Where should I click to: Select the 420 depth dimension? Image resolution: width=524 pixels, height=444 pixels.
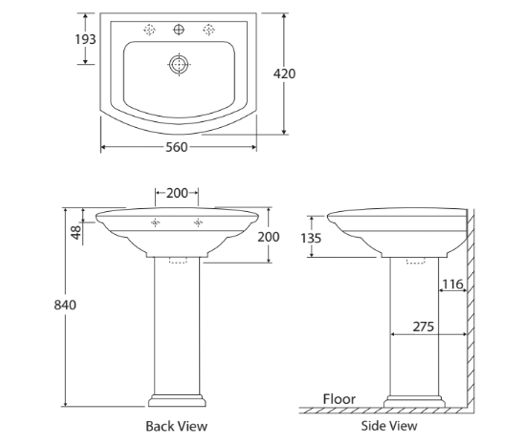[x=284, y=74]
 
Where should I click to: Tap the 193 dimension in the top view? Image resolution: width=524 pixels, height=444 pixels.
[x=85, y=39]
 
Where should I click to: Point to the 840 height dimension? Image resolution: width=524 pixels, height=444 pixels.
[x=63, y=305]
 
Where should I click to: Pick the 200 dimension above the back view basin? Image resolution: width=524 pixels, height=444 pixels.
[x=177, y=193]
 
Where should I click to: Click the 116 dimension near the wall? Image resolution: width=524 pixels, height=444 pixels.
[x=452, y=284]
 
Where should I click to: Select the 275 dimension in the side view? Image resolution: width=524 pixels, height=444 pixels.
[x=425, y=327]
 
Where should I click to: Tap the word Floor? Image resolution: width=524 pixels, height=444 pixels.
[x=338, y=399]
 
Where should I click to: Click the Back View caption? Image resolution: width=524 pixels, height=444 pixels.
[x=176, y=426]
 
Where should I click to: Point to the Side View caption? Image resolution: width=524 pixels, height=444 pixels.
[x=389, y=426]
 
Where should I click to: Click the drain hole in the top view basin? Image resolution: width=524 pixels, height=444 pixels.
[x=178, y=65]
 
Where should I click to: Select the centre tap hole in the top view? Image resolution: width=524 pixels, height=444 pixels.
[x=178, y=31]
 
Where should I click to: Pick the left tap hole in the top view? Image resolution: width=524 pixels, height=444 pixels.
[x=149, y=31]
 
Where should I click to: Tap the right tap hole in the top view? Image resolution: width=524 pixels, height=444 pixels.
[x=207, y=31]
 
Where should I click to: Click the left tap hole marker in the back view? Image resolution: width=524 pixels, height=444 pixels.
[x=155, y=223]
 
